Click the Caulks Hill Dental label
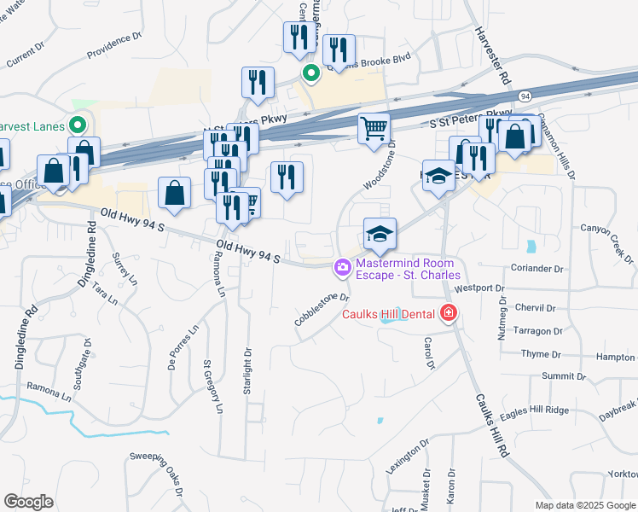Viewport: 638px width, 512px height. click(391, 314)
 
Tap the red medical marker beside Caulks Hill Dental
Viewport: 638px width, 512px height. click(449, 314)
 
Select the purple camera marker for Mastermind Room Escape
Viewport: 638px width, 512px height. click(343, 268)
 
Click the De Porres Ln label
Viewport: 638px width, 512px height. click(183, 351)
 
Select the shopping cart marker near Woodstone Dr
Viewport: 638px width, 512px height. click(374, 129)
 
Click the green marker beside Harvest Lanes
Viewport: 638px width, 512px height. click(78, 125)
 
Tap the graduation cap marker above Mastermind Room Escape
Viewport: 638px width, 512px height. click(380, 233)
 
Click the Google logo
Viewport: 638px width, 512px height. click(28, 503)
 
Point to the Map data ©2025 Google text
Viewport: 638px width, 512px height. click(584, 505)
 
